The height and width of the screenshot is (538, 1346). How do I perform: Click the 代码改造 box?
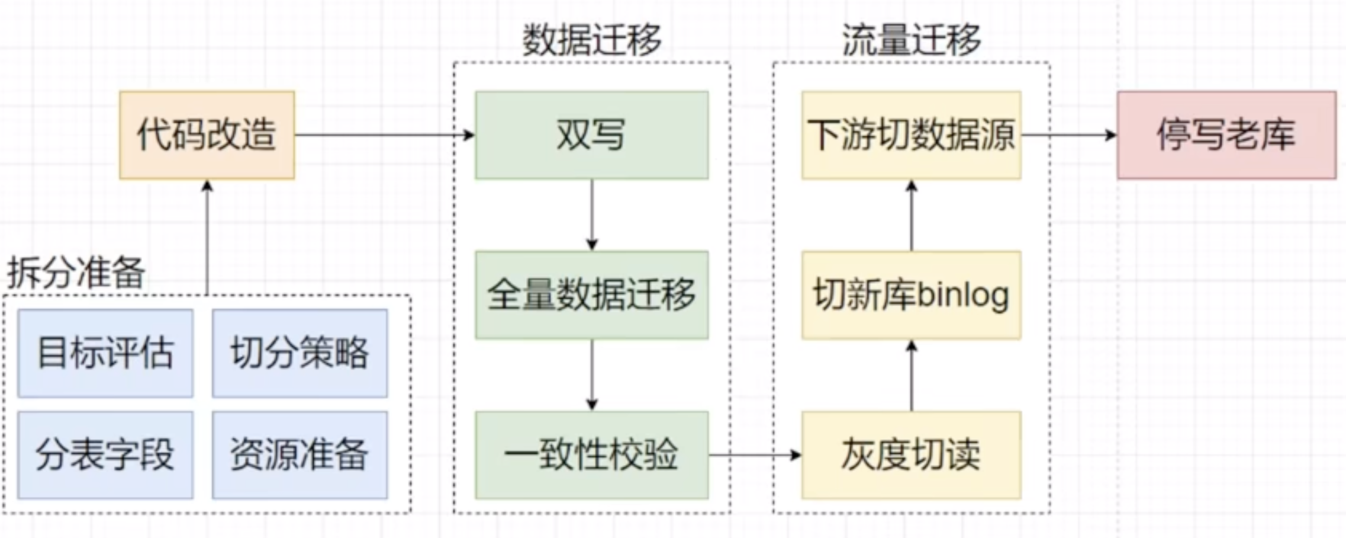(x=207, y=135)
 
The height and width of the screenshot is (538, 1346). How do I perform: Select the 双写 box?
(x=591, y=135)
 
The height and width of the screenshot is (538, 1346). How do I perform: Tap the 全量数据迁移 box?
(x=591, y=295)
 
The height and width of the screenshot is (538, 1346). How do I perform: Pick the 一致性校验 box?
(x=591, y=455)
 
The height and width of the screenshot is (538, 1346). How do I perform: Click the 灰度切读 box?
(x=911, y=455)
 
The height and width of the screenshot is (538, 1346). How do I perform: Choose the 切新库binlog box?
(x=911, y=295)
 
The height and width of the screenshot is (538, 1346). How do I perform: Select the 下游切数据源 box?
(x=911, y=135)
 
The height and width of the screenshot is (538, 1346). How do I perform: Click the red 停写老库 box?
(x=1226, y=135)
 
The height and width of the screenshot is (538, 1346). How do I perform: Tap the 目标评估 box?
(x=105, y=353)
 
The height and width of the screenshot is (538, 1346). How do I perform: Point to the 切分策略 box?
(x=300, y=353)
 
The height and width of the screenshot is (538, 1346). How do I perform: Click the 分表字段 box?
(x=105, y=455)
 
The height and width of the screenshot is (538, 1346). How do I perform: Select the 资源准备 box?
(x=300, y=455)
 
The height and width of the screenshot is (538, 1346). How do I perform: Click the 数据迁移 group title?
(x=591, y=40)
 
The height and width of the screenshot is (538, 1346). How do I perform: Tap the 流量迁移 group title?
(x=911, y=40)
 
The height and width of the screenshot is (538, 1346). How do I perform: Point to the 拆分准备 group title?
(x=76, y=273)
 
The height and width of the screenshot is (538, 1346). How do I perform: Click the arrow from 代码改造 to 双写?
(x=385, y=135)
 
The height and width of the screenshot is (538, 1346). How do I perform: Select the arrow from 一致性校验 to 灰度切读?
(x=755, y=455)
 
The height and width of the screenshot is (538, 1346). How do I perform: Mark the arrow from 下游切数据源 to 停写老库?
(x=1068, y=135)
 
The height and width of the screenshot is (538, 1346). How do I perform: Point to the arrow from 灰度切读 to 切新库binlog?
(x=912, y=376)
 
